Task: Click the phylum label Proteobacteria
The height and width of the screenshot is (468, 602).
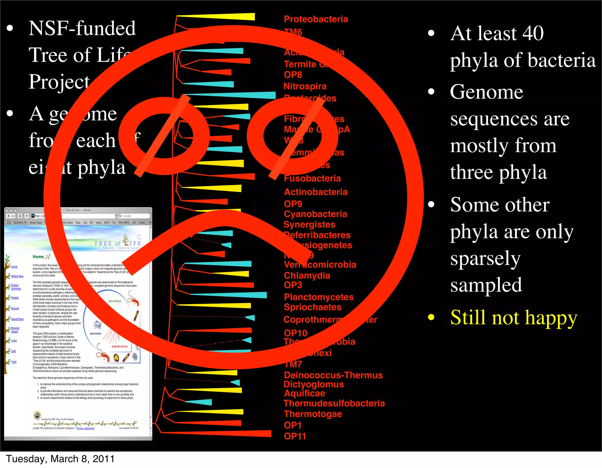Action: coord(316,19)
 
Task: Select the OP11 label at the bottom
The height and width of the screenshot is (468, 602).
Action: coord(295,436)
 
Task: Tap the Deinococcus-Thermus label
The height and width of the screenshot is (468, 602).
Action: coord(333,375)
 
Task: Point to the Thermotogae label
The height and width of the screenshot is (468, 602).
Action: coord(313,414)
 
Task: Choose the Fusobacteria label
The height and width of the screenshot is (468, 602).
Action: coord(312,178)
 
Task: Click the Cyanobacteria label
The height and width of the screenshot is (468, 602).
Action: coord(315,214)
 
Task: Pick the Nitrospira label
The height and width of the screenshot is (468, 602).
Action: coord(305,86)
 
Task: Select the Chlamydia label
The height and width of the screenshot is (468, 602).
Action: coord(307,276)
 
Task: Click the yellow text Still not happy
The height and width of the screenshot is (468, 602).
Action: coord(514,318)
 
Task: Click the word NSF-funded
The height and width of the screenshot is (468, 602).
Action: coord(82,28)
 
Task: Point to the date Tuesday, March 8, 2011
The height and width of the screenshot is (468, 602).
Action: coord(60,459)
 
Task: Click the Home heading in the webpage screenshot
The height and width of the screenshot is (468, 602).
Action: coord(38,257)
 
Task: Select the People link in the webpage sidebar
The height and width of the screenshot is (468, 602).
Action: coord(15,298)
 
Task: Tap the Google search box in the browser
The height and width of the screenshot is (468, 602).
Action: coord(134,216)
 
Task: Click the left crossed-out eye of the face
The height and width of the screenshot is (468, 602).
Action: coord(164,136)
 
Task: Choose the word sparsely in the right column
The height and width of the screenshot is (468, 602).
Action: coord(485,259)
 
